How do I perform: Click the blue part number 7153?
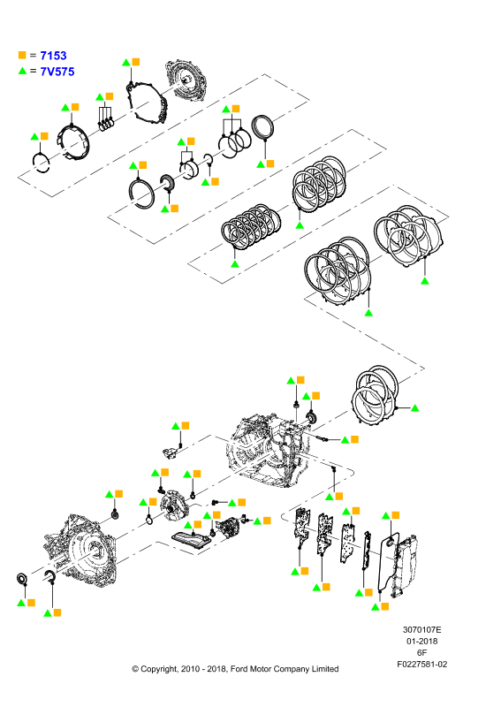tap(53, 56)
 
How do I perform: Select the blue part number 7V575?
tap(57, 72)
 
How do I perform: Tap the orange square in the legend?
tap(22, 55)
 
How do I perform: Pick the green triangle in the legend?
tap(22, 71)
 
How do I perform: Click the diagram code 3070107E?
tap(421, 630)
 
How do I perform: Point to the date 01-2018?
tap(421, 642)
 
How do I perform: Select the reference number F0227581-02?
tap(421, 665)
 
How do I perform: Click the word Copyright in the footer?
tap(158, 669)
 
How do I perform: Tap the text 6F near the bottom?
tap(421, 652)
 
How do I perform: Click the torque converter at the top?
tap(186, 81)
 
